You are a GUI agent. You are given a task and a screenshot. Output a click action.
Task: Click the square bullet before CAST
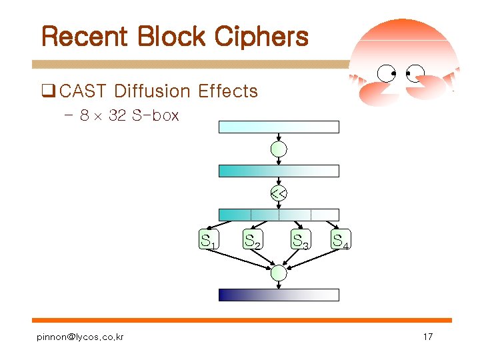[x=47, y=91]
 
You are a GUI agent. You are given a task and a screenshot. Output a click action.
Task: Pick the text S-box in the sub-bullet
[x=155, y=115]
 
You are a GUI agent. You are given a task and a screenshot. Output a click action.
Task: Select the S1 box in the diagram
[x=209, y=240]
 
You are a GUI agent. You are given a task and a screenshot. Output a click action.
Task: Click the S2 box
[x=252, y=240]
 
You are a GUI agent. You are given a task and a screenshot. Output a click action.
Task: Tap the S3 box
[x=301, y=240]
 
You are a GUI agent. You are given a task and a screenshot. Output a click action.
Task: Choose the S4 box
[x=342, y=240]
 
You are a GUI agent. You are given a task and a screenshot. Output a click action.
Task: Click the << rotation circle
[x=279, y=194]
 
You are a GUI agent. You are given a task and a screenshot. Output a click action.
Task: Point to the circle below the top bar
[x=279, y=149]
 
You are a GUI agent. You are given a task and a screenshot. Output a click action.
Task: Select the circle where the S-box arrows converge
[x=279, y=273]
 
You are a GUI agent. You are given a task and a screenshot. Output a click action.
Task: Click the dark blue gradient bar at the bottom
[x=279, y=295]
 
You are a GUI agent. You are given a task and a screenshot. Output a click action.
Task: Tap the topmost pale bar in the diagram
[x=279, y=127]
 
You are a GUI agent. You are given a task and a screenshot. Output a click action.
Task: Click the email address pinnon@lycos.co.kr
[x=80, y=337]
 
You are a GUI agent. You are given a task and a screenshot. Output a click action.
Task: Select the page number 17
[x=428, y=337]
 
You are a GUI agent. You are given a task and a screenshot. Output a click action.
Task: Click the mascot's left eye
[x=387, y=73]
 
